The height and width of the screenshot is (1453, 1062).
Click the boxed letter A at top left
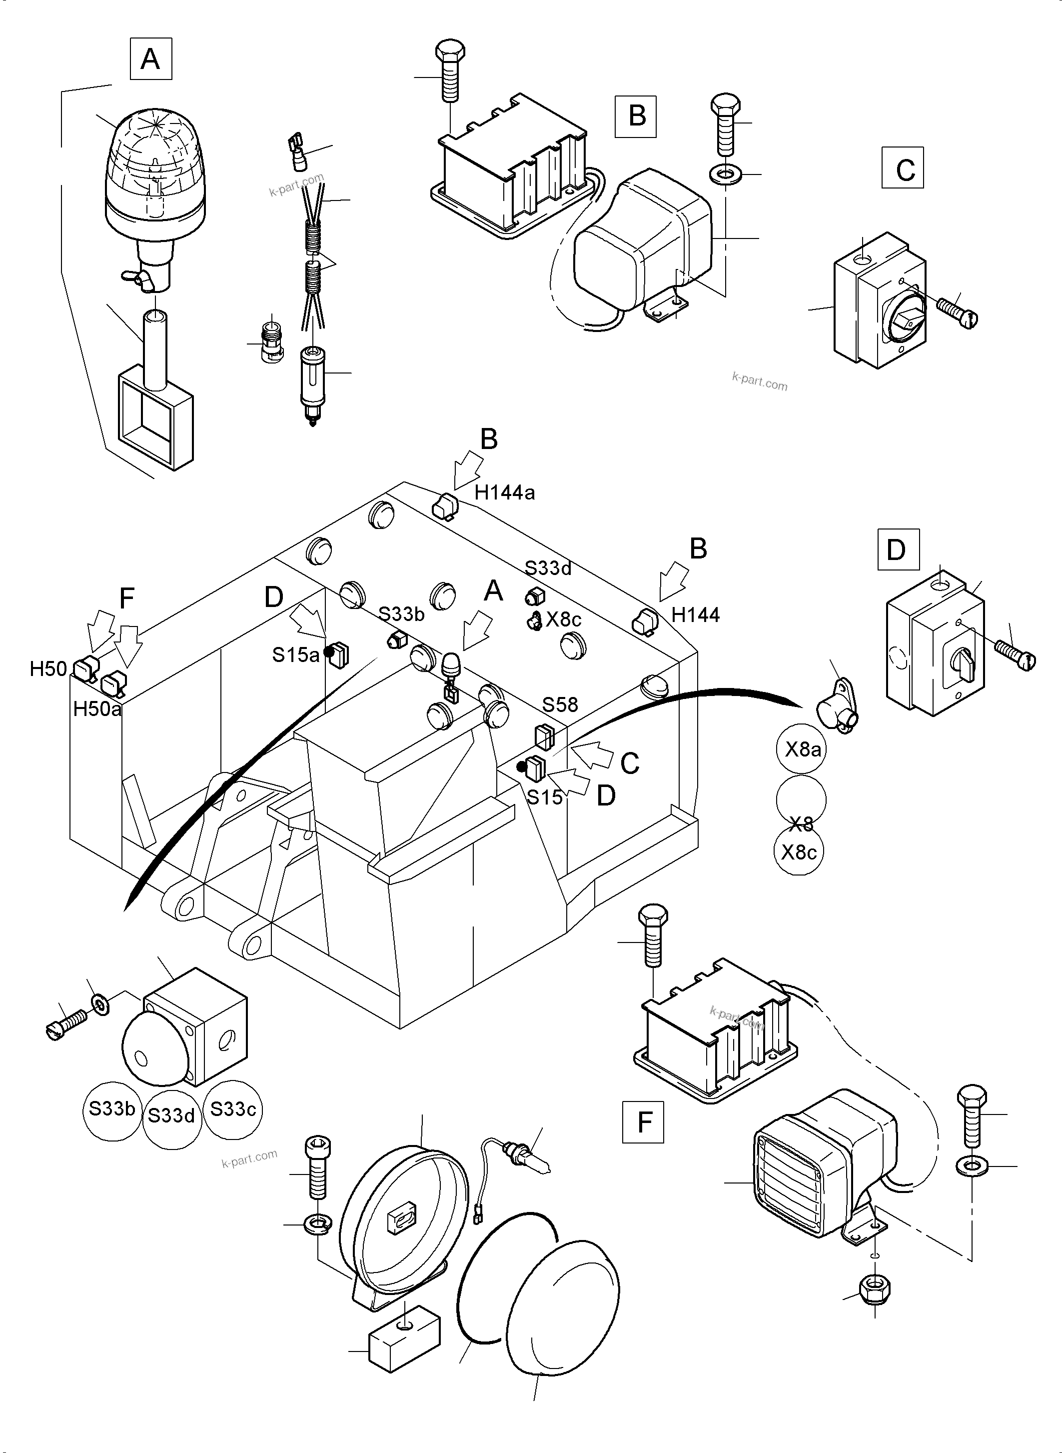[150, 59]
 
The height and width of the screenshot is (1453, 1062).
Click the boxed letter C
[903, 168]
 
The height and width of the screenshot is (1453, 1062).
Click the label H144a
[505, 492]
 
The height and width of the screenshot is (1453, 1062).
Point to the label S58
[560, 705]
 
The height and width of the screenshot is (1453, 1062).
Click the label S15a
[296, 655]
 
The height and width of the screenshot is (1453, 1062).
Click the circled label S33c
[233, 1109]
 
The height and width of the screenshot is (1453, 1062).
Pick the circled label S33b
[112, 1109]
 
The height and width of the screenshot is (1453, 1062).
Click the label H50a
[97, 709]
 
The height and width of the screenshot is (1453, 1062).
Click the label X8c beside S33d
[563, 619]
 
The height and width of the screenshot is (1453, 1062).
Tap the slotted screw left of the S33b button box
[65, 1022]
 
